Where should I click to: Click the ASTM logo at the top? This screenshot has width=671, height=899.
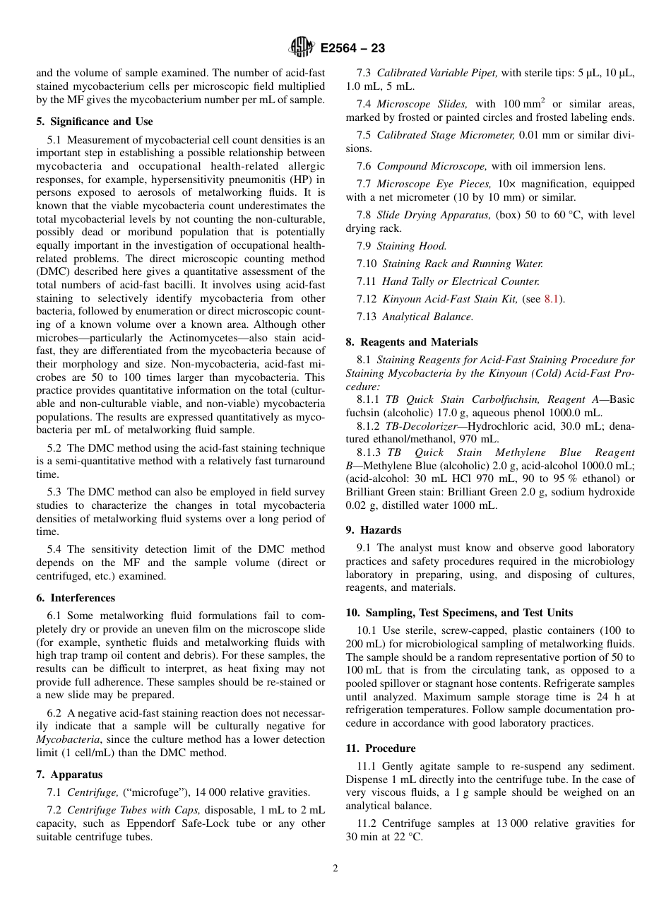tap(303, 48)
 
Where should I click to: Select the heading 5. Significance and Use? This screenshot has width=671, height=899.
tap(95, 122)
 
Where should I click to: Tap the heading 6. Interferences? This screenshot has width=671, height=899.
tap(76, 598)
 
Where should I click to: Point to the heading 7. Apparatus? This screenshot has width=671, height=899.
tap(69, 775)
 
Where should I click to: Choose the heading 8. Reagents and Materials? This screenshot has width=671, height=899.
tap(412, 342)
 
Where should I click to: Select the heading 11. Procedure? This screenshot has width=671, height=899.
tap(381, 748)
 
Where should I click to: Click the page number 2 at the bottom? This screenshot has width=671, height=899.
tap(335, 869)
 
